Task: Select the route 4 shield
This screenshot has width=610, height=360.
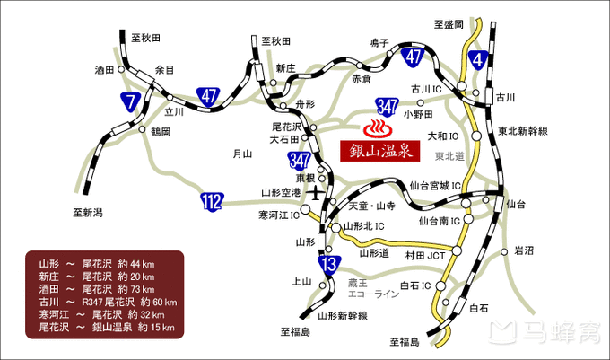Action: pos(477,59)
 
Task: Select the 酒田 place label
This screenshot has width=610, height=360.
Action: pos(106,69)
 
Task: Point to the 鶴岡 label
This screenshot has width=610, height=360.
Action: pos(160,131)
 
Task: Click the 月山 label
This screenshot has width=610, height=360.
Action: pos(241,154)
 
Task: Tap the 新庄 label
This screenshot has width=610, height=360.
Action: pos(285,67)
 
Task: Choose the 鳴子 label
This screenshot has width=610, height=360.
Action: pos(379,42)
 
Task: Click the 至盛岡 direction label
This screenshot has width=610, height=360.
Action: pos(448,23)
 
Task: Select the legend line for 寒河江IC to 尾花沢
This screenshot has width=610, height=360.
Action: pos(98,315)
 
